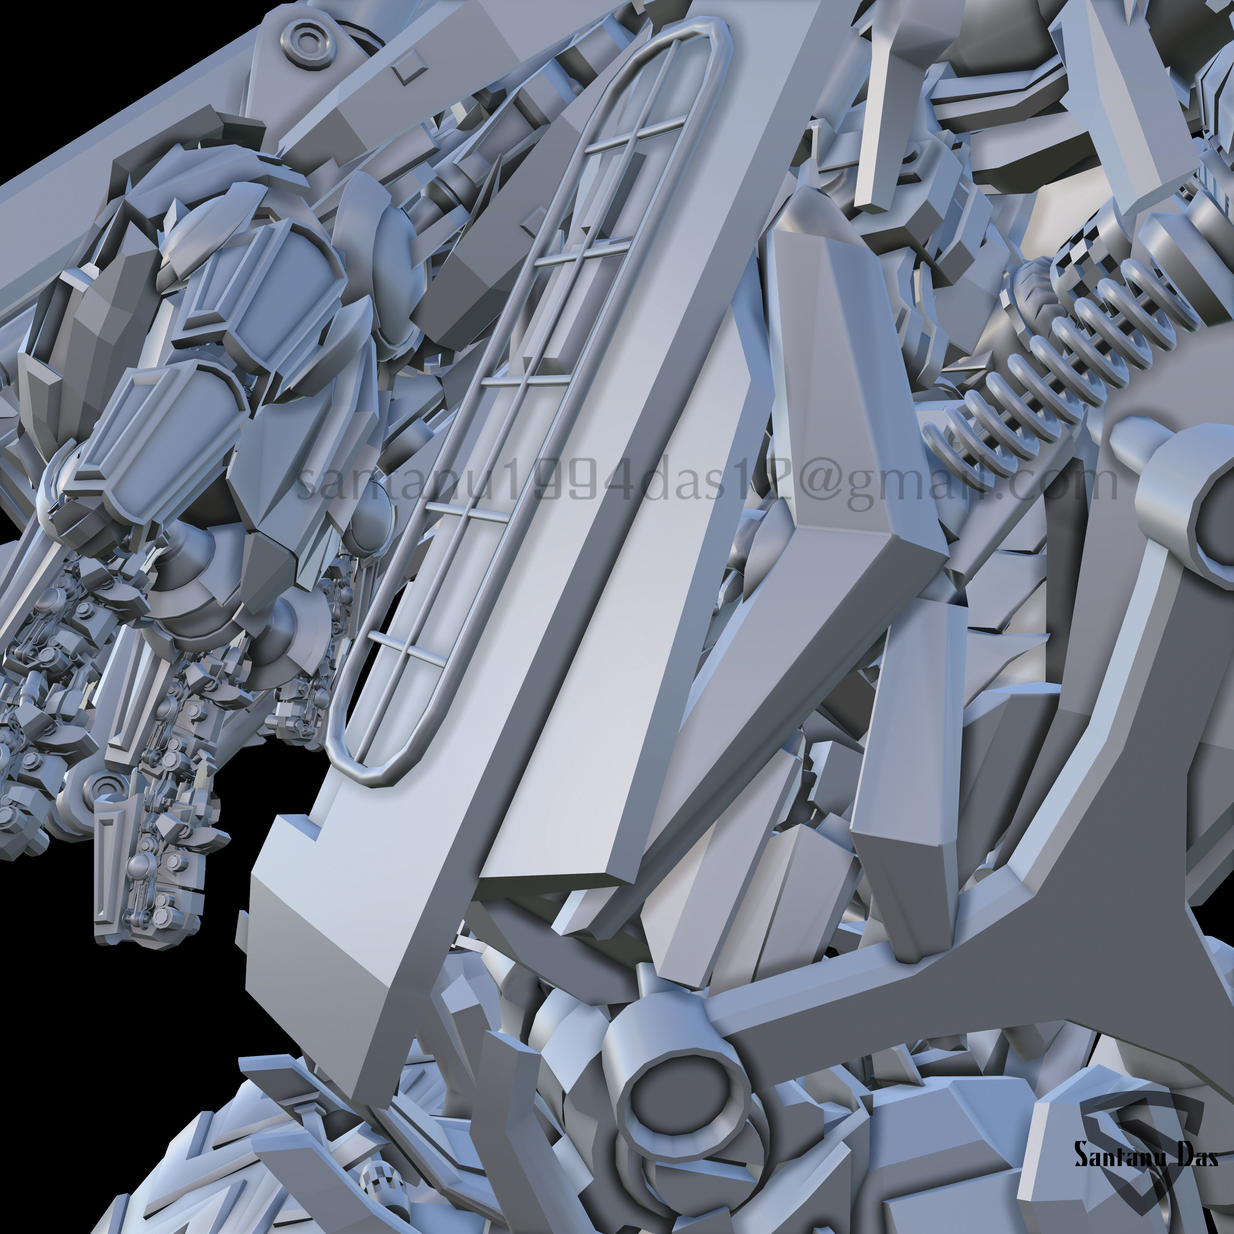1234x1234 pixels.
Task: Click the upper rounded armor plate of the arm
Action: (x=268, y=281)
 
